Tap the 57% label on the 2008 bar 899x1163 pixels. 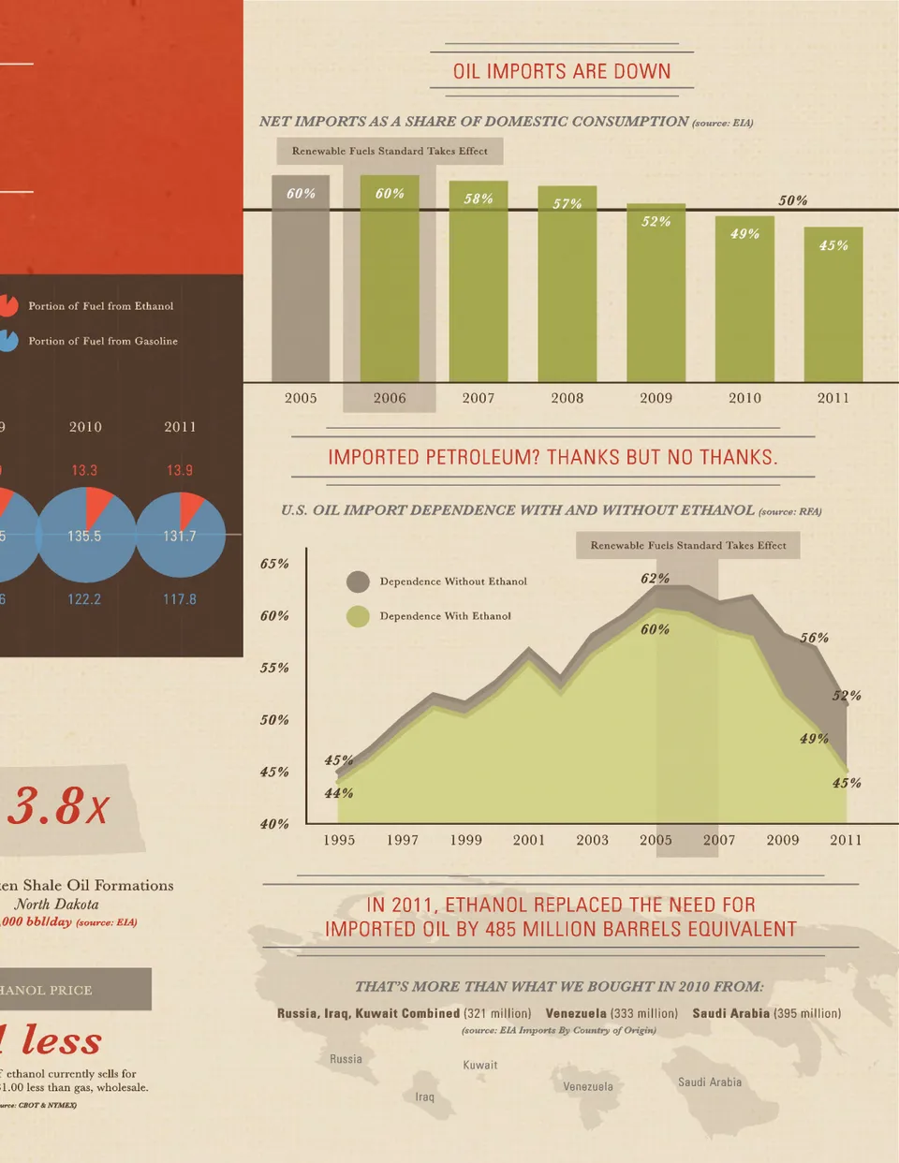click(567, 204)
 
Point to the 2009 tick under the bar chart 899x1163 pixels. click(656, 398)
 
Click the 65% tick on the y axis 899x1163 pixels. click(274, 564)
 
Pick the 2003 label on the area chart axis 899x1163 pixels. click(592, 840)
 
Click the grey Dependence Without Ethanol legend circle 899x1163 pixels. click(358, 581)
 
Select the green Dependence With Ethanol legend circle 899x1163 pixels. click(358, 616)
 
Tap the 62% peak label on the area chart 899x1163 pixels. click(655, 579)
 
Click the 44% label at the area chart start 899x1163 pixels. click(338, 793)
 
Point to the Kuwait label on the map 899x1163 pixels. click(480, 1065)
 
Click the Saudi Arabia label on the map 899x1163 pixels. click(710, 1082)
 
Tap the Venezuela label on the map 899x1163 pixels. click(588, 1087)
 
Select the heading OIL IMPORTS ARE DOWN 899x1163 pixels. click(562, 71)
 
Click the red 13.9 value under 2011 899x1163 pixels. click(180, 470)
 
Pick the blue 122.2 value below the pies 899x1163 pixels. click(84, 599)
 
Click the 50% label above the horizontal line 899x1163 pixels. click(792, 200)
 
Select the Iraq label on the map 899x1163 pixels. click(425, 1097)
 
